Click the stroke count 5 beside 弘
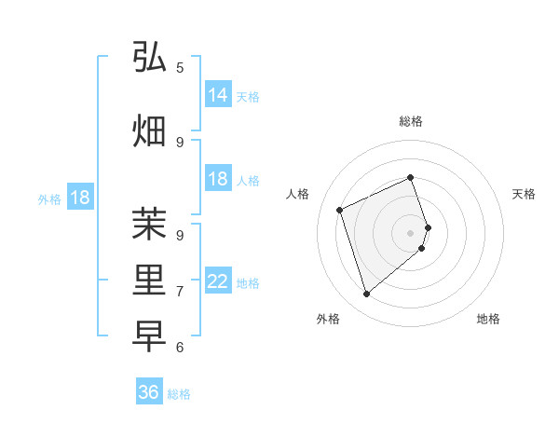[180, 67]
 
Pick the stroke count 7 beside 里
[180, 292]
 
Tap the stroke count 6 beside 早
[180, 348]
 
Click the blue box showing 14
[218, 95]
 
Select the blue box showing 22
[218, 281]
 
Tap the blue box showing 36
[149, 393]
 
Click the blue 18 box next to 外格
[79, 198]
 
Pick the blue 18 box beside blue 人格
[218, 180]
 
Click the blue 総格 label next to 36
[179, 394]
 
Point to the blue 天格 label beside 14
[248, 96]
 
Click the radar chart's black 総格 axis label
[411, 121]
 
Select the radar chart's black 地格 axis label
[488, 319]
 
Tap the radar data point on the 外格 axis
[366, 294]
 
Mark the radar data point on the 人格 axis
[340, 210]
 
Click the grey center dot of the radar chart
[411, 232]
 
